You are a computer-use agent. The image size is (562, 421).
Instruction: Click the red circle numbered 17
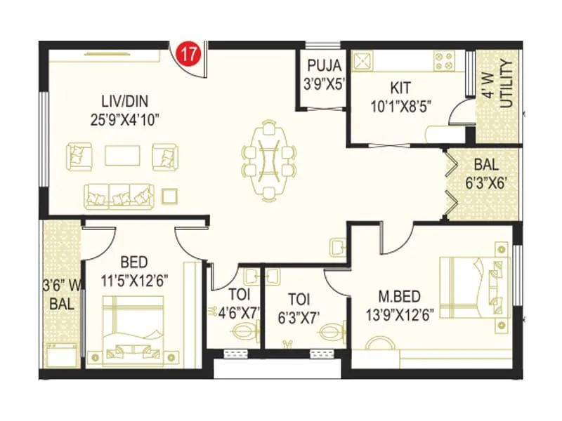[x=188, y=53]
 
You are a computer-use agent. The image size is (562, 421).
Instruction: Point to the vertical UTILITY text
[x=507, y=84]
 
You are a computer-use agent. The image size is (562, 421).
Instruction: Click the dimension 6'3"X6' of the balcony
[x=487, y=180]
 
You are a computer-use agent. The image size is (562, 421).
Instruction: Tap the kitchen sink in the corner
[x=363, y=62]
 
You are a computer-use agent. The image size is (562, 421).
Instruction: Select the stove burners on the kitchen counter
[x=446, y=62]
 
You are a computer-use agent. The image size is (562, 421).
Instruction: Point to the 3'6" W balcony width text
[x=60, y=286]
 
